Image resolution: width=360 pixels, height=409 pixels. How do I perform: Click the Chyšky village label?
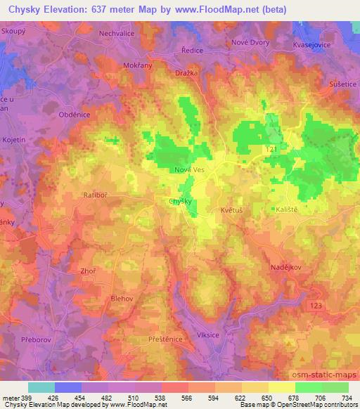pos(181,202)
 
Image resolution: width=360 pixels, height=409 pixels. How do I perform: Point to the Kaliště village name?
pos(285,209)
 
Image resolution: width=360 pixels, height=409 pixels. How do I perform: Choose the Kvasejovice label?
pos(312,44)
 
